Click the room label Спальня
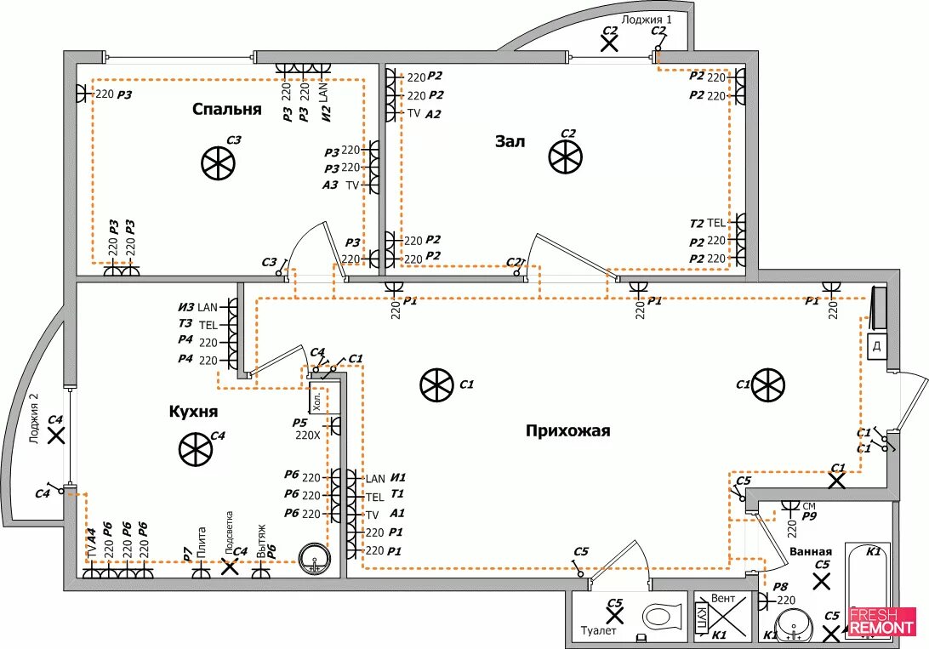(226, 110)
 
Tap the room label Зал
(510, 141)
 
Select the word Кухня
(194, 412)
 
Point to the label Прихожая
(568, 431)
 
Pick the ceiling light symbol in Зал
(565, 157)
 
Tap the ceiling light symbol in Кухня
(195, 449)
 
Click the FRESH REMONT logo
(881, 621)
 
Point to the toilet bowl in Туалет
(663, 615)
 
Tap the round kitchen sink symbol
(314, 559)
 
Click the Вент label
(722, 599)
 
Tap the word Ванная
(810, 552)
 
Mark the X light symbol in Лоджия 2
(56, 436)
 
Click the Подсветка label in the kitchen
(229, 532)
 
